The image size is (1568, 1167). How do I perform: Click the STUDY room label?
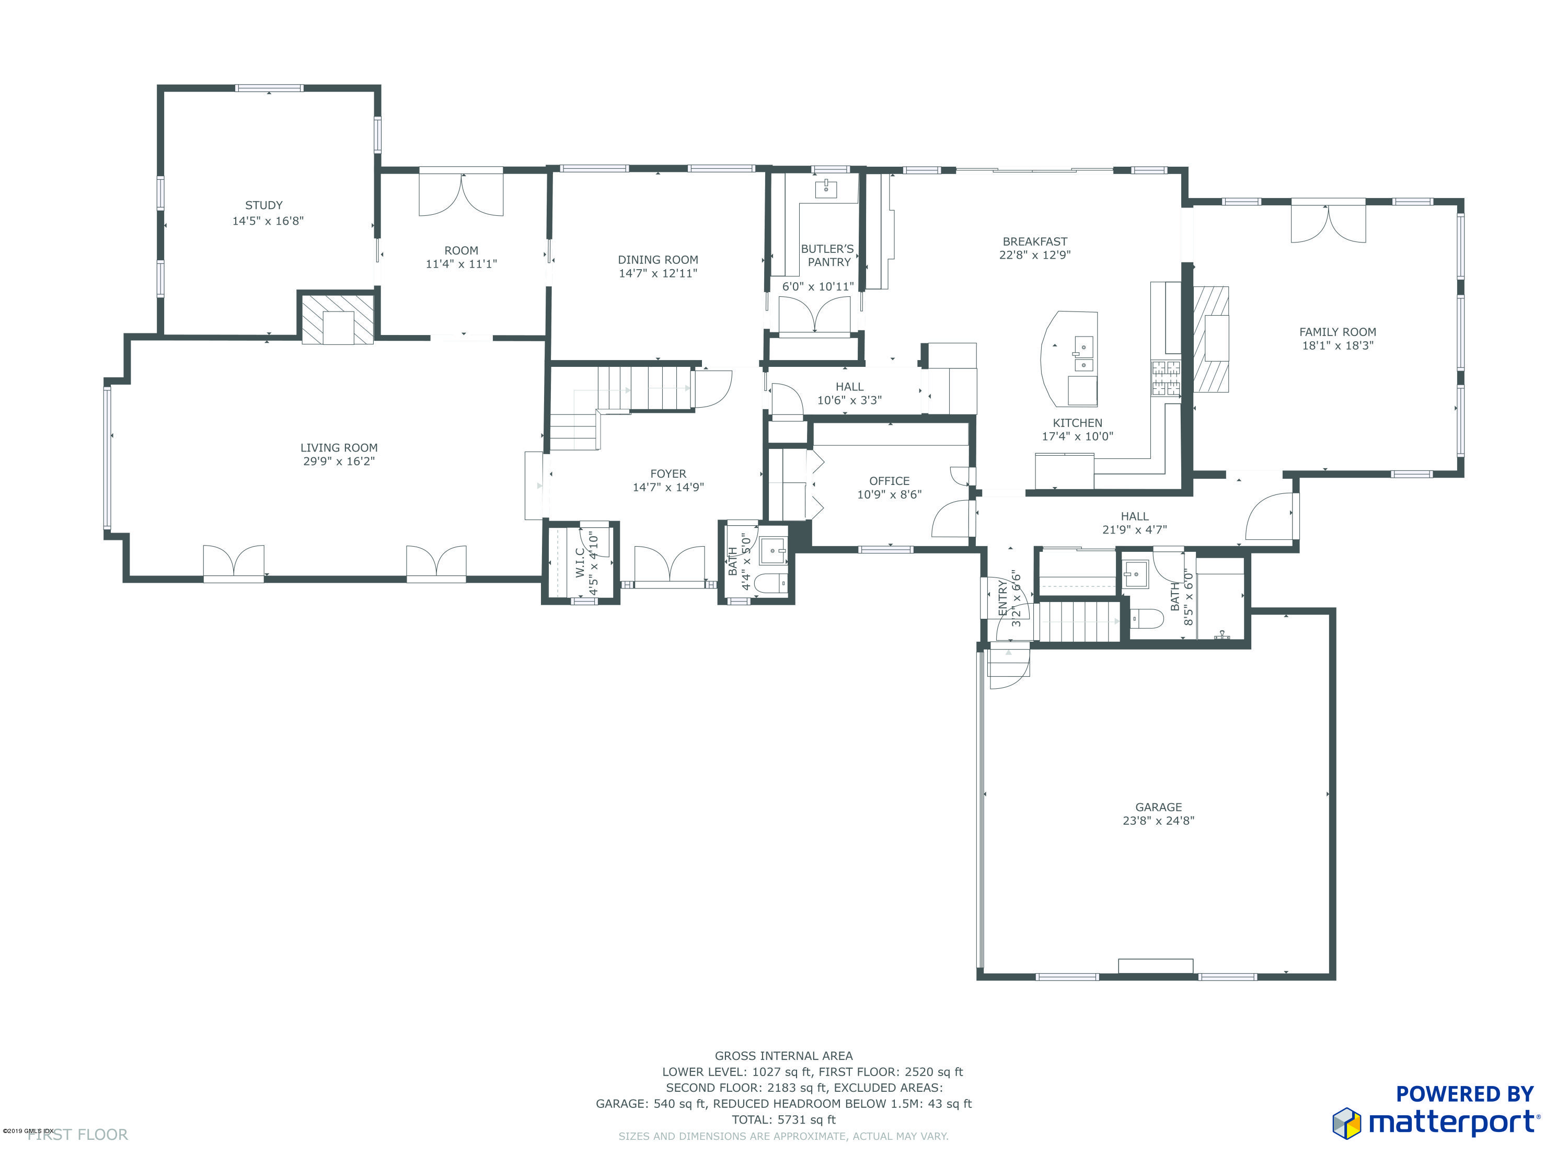[263, 205]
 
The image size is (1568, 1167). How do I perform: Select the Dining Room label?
[658, 260]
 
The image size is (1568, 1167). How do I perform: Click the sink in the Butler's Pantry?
[825, 189]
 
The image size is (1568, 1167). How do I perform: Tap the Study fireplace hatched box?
[338, 319]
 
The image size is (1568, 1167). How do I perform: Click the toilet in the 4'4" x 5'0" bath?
[769, 583]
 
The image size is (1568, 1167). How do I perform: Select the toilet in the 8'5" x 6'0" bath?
[1146, 619]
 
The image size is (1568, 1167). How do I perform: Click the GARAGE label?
[1158, 807]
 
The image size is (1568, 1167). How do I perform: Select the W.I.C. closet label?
[580, 562]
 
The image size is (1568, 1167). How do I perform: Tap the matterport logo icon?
[1346, 1123]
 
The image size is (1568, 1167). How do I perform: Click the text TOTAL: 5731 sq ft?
[783, 1119]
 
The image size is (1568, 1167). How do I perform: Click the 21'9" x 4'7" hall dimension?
[1134, 530]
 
